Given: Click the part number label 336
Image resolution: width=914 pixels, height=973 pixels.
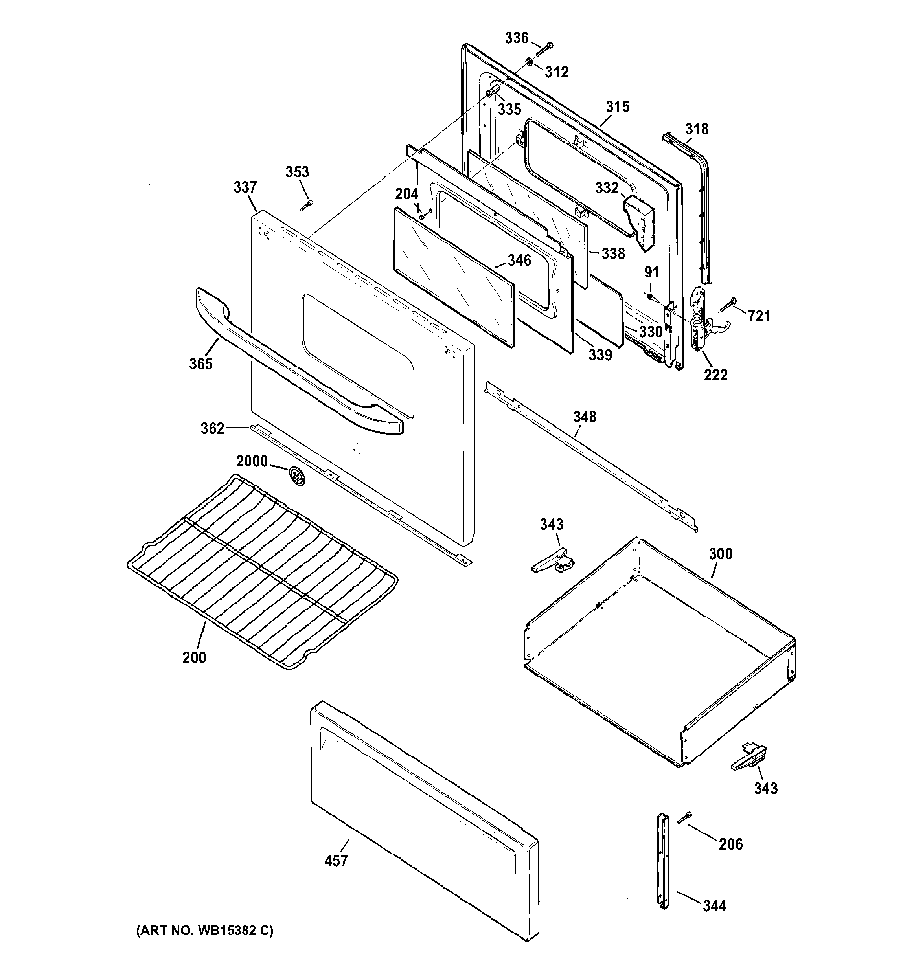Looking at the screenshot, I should click(517, 38).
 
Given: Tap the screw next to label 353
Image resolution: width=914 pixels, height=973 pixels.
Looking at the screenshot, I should click(307, 206).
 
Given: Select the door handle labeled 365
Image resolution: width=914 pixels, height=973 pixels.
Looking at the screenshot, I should click(294, 362).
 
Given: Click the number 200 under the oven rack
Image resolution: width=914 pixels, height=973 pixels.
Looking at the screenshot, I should click(194, 657).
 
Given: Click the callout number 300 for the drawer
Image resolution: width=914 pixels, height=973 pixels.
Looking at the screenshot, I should click(721, 554).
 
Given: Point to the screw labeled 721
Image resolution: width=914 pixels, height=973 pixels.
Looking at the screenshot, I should click(728, 305).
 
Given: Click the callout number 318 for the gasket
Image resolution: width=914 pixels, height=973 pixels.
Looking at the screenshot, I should click(697, 129).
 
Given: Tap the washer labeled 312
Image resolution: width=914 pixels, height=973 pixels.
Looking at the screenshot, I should click(529, 62).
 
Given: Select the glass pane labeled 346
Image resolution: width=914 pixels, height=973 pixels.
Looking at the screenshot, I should click(453, 277).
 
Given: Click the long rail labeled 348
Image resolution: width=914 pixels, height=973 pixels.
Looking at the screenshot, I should click(587, 455).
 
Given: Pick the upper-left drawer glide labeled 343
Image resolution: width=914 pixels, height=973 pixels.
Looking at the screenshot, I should click(553, 560).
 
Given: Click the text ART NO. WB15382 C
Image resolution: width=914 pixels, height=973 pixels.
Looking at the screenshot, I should click(205, 931).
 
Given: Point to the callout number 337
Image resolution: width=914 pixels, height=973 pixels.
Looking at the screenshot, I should click(245, 187).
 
